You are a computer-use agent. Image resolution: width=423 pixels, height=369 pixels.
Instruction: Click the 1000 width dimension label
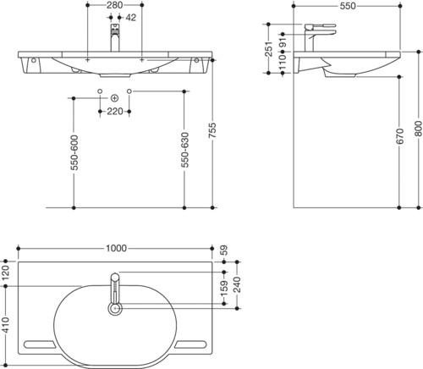tap(116, 248)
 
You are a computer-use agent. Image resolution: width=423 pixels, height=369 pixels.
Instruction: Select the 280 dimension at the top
tap(115, 5)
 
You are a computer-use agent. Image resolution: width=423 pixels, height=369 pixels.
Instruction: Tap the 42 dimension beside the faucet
tap(130, 18)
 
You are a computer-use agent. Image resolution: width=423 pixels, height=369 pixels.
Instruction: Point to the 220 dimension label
tap(115, 112)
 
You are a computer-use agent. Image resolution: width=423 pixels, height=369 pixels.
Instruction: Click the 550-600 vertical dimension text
tap(74, 152)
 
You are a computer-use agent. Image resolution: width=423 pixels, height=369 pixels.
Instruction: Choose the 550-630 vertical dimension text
tap(184, 150)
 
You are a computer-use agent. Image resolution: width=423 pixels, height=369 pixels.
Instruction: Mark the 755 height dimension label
tap(212, 130)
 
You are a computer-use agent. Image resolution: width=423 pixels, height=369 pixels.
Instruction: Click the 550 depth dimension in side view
tap(348, 6)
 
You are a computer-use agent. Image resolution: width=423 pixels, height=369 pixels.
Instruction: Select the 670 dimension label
tap(399, 136)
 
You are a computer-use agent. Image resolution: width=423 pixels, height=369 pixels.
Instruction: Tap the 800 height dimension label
tap(419, 129)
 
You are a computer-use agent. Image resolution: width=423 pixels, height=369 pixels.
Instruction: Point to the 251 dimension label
tap(269, 49)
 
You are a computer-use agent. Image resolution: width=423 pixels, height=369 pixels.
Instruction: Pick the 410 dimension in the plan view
tap(6, 324)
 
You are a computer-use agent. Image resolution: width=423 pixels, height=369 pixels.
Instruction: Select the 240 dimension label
tap(237, 285)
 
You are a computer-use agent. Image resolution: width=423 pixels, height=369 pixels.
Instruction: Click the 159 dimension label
tap(224, 288)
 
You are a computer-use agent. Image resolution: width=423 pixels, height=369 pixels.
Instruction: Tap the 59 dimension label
tap(224, 251)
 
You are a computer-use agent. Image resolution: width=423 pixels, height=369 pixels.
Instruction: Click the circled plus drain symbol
tap(114, 98)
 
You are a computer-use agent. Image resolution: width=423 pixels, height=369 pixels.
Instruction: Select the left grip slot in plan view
tap(40, 344)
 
